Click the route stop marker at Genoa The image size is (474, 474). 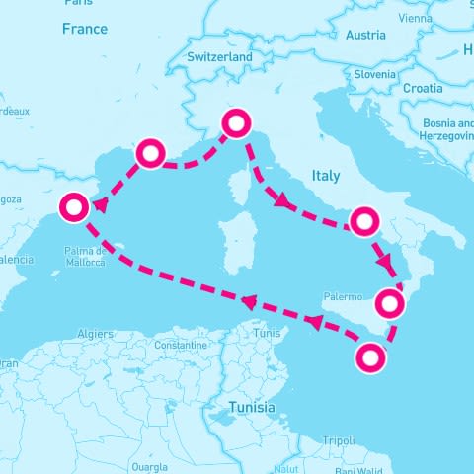pos(237,123)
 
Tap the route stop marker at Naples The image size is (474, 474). pos(364,221)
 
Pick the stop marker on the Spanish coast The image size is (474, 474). pos(74,208)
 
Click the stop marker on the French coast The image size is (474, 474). pos(150,152)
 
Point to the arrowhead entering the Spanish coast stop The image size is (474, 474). pos(100,205)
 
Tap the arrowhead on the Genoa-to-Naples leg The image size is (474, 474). pos(282,201)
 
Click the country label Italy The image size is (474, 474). pos(325,176)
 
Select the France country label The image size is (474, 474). pos(84,30)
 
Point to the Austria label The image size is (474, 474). pos(365,36)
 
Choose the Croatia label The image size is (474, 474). pos(423,88)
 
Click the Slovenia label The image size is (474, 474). pos(375,74)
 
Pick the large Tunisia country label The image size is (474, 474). pos(253,407)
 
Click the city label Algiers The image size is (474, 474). pos(96,335)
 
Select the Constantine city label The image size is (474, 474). pos(181,346)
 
